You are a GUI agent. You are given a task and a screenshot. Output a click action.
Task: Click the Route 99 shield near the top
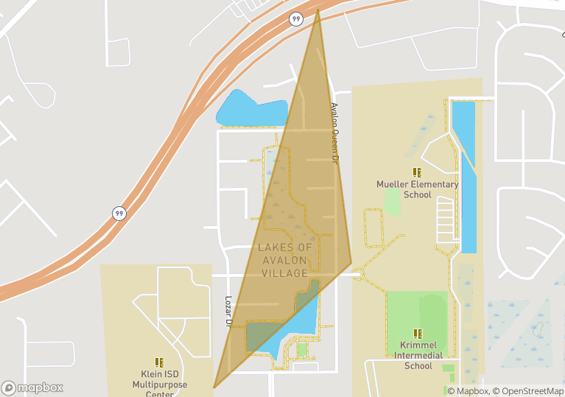[295, 19]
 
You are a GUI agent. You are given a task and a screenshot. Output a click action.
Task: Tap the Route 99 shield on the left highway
[119, 214]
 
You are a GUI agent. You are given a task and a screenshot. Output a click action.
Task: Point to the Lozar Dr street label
[228, 312]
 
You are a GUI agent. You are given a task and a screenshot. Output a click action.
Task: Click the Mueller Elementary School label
[417, 189]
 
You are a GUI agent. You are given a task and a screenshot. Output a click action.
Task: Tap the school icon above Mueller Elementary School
[417, 172]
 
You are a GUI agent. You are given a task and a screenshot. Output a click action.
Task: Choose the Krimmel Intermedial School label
[418, 355]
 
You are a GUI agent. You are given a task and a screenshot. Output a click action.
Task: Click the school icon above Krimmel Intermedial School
[418, 334]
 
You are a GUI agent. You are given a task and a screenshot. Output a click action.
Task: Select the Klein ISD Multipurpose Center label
[159, 384]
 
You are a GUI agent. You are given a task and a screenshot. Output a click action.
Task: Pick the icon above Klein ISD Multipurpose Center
[159, 362]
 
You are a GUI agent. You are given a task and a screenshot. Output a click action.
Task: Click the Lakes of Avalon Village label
[284, 260]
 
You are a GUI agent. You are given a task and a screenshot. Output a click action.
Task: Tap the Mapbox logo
[32, 387]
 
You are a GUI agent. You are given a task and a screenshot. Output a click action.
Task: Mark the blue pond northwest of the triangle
[250, 108]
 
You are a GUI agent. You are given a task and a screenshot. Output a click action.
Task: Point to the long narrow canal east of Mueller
[463, 177]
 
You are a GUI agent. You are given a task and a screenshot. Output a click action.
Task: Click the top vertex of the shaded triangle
[317, 10]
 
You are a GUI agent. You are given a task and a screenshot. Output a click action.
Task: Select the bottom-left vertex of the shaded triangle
[214, 387]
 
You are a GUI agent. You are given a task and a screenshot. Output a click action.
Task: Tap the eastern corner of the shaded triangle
[351, 263]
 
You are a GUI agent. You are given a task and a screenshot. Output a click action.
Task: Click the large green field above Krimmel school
[415, 312]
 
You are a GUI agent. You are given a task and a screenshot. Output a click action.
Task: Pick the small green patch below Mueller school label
[393, 202]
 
